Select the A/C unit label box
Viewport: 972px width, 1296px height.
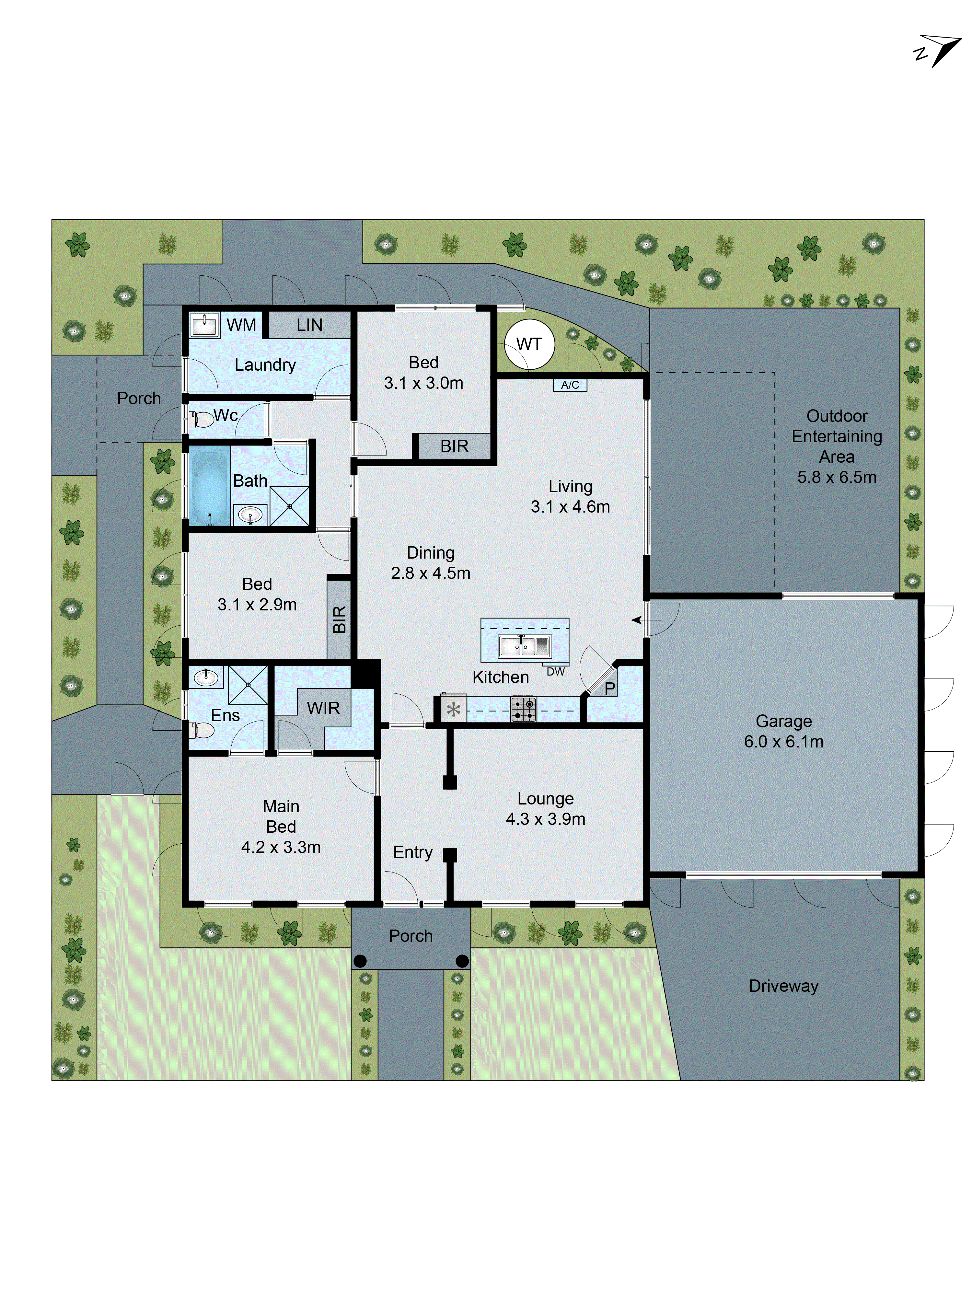click(570, 385)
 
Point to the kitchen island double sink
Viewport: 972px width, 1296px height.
click(524, 646)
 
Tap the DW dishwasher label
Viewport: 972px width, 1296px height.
click(555, 672)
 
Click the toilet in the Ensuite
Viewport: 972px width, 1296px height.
click(202, 729)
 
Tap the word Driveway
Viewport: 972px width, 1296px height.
click(783, 986)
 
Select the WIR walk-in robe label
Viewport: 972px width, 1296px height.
click(323, 708)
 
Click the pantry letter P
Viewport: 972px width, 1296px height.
click(610, 689)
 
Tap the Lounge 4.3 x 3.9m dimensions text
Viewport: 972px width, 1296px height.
click(546, 819)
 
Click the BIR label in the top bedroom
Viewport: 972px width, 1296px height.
click(454, 446)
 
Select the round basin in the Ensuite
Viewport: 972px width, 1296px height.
click(205, 678)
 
